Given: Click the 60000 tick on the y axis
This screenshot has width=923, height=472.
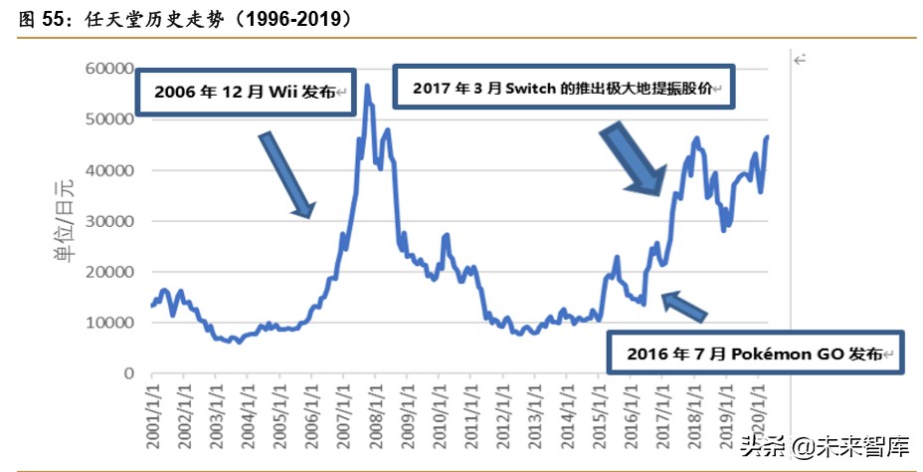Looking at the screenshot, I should coord(107,69).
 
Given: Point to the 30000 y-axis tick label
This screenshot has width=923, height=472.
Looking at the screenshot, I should coord(107,221).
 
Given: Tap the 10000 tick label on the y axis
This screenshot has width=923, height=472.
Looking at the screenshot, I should coord(107,323).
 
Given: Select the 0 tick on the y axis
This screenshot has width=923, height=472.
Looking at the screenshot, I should coord(127,373).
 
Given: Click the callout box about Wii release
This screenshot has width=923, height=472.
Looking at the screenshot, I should coord(246,93).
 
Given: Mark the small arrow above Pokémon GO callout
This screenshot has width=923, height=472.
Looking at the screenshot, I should coord(684,306).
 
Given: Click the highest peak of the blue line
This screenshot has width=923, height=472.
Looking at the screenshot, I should coord(367,87).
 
